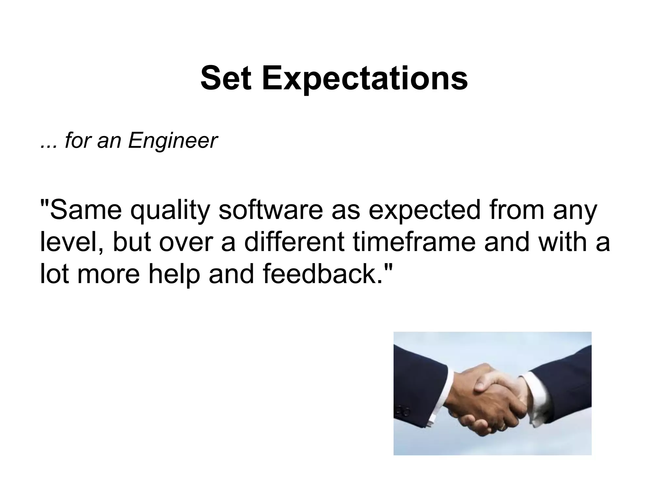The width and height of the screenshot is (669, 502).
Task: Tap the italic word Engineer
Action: point(172,141)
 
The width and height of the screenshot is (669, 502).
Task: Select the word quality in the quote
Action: point(170,211)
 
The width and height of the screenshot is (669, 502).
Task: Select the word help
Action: point(174,274)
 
